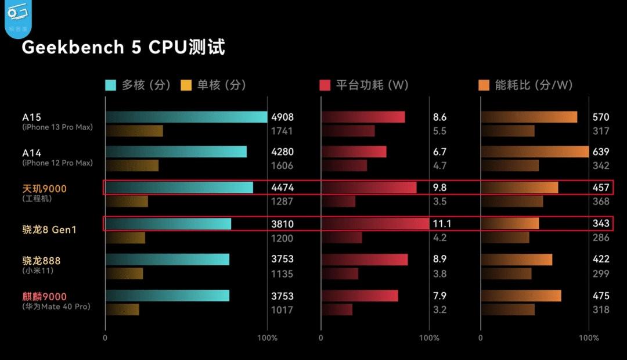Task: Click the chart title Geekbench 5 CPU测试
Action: point(123,48)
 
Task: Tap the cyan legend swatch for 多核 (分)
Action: point(110,85)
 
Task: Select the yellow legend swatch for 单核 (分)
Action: point(186,85)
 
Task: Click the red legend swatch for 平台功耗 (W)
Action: point(325,85)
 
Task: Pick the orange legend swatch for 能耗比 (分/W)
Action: point(484,85)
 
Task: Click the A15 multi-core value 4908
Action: point(282,117)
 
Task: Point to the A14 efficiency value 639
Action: point(601,152)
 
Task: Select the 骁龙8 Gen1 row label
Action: point(49,229)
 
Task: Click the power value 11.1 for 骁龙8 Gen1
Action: point(442,224)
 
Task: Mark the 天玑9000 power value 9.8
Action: point(439,188)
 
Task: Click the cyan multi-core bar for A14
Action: point(176,152)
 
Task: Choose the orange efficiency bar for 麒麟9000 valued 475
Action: point(521,296)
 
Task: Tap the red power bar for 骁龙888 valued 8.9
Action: point(364,260)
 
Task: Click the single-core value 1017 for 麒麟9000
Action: point(282,310)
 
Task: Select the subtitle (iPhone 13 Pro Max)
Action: point(57,127)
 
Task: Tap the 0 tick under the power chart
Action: point(320,338)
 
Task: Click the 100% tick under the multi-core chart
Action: point(267,338)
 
